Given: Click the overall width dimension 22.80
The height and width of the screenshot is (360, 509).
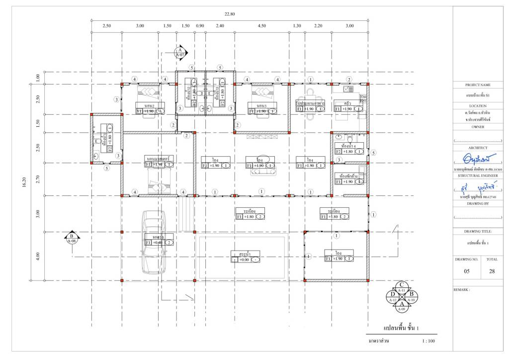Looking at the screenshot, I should click(x=229, y=14).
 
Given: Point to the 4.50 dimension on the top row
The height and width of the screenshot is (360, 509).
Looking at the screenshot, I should click(x=261, y=25).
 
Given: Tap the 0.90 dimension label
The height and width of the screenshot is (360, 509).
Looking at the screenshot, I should click(x=200, y=25).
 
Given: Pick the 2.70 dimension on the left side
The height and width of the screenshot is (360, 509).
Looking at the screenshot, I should click(x=38, y=179).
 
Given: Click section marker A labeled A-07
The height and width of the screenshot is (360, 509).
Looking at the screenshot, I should click(x=179, y=52).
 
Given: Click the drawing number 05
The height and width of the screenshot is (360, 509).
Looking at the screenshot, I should click(x=467, y=271).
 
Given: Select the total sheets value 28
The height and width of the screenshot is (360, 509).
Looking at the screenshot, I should click(x=492, y=271).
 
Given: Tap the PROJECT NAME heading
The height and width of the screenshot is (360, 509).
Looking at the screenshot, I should click(x=478, y=85).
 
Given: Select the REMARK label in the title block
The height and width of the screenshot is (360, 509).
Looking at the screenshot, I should click(x=463, y=288).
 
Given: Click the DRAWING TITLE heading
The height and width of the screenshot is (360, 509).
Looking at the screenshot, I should click(x=478, y=231).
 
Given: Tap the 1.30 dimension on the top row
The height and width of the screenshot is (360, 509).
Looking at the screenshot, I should click(x=297, y=25).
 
